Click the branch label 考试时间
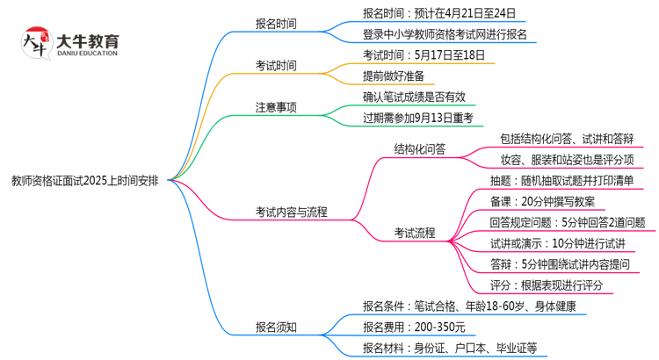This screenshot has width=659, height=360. pos(276,66)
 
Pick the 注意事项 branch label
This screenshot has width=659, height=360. pos(276,107)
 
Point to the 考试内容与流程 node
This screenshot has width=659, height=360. pos(292,212)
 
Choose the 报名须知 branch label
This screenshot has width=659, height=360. pos(276,328)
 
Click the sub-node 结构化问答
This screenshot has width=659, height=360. pos(420,149)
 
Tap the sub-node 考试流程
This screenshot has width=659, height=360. pos(414,233)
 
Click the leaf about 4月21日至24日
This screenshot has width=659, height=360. pos(438,13)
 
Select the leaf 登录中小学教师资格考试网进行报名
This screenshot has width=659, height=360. pos(445,35)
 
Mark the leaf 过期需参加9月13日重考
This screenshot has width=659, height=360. pos(418,117)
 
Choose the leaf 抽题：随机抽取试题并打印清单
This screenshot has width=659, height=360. pos(562,181)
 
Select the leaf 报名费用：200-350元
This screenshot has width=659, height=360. pos(414,328)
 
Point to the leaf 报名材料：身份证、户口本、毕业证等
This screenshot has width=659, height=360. pos(450,349)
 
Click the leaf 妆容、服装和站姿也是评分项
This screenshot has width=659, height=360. pos(566,160)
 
